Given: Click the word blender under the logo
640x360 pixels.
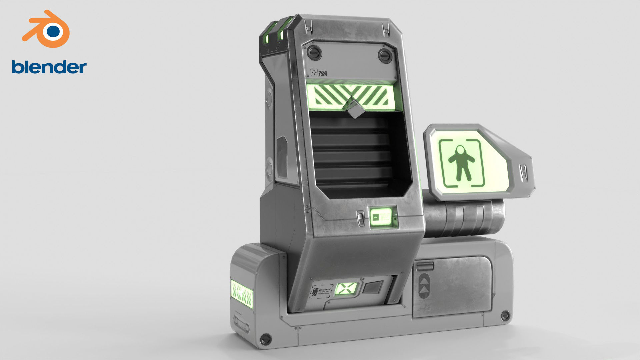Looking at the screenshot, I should point(49,67).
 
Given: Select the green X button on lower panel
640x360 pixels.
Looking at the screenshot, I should point(346,288).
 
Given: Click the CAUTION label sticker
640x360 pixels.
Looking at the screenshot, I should point(322,293).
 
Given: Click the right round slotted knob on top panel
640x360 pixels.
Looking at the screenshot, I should point(385,55).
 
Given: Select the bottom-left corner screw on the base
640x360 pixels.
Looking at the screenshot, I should point(266,339).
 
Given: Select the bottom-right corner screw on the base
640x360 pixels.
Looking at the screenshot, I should point(505,315).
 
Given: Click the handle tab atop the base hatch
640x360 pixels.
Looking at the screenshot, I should point(424,266).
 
